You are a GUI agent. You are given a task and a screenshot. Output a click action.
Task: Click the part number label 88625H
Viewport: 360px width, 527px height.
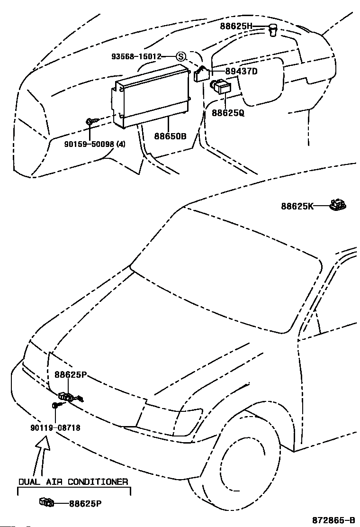(x=236, y=26)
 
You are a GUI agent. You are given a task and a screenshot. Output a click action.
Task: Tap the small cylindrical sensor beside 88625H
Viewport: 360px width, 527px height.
(x=273, y=30)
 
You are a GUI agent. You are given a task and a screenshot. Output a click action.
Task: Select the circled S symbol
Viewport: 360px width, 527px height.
(x=181, y=56)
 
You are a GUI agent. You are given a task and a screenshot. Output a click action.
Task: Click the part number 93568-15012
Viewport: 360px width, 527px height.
(x=136, y=56)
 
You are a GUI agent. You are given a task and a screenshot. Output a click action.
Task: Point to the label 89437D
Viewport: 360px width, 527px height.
(x=241, y=71)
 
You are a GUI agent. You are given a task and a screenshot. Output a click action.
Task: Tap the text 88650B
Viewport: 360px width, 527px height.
(x=170, y=136)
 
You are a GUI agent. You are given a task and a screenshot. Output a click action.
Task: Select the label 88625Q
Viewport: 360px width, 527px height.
(x=228, y=113)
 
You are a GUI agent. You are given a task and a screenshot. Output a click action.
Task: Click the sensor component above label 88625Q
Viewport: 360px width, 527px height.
(x=221, y=87)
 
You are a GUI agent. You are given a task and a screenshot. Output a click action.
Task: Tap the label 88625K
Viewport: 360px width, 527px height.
(x=297, y=206)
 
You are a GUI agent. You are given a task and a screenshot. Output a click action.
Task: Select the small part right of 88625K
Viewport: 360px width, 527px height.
(x=337, y=205)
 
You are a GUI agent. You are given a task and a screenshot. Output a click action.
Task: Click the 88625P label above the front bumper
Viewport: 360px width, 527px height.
(x=71, y=374)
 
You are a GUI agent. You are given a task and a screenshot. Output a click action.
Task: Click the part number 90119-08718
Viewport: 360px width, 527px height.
(x=55, y=427)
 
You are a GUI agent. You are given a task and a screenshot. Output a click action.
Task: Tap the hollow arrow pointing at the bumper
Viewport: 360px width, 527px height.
(x=41, y=456)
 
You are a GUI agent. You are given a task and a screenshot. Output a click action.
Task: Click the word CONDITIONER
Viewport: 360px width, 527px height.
(x=98, y=482)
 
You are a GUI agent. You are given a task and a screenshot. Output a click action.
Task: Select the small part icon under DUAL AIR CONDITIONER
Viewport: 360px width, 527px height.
(x=46, y=502)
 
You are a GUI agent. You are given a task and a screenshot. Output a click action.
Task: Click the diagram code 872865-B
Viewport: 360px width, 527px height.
(x=333, y=520)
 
